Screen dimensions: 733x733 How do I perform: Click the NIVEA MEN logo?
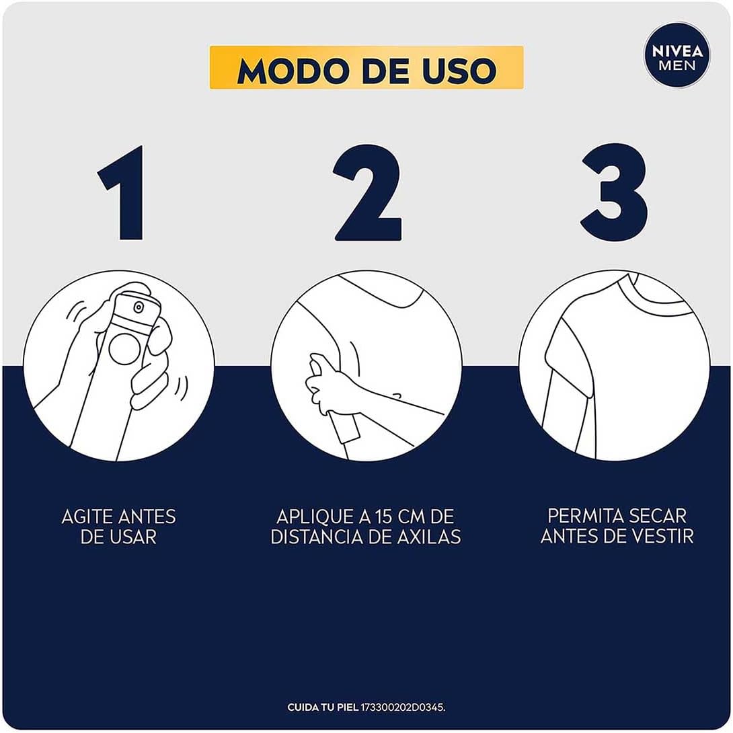[x=677, y=56]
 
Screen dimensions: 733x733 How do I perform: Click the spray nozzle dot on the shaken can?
[x=138, y=307]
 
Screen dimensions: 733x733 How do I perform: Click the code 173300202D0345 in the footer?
[x=402, y=707]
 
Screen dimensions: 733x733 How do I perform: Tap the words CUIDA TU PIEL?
[x=323, y=707]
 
